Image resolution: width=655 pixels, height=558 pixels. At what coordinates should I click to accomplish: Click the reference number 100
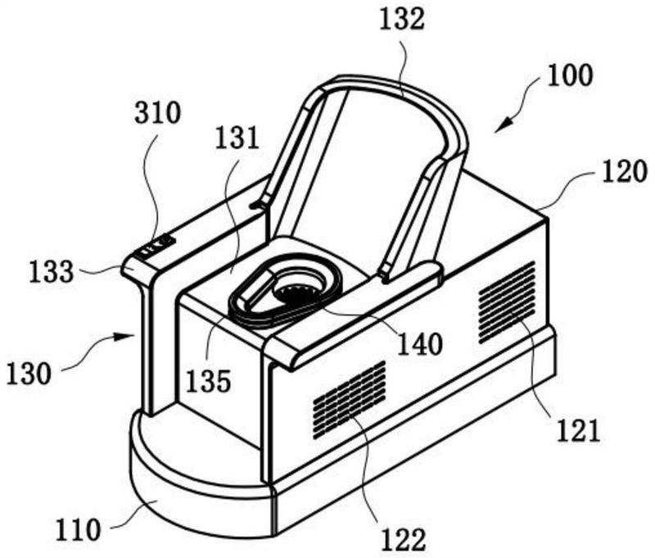pyautogui.click(x=570, y=75)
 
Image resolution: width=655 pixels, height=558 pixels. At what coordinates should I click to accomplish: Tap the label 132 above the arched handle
pyautogui.click(x=402, y=20)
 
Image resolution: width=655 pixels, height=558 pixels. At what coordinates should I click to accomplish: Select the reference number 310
pyautogui.click(x=158, y=113)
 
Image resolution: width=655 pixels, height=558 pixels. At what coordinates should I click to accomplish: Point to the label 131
pyautogui.click(x=237, y=138)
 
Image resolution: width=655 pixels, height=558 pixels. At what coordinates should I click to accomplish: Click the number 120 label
pyautogui.click(x=624, y=172)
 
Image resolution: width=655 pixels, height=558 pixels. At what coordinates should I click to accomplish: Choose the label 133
pyautogui.click(x=52, y=272)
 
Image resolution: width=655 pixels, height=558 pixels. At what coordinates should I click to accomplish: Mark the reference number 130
pyautogui.click(x=29, y=374)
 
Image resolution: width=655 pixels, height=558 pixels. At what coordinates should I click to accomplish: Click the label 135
pyautogui.click(x=209, y=380)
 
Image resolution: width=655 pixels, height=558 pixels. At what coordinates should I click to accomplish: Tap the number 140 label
pyautogui.click(x=420, y=344)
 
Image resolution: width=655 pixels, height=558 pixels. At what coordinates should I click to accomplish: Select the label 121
pyautogui.click(x=578, y=431)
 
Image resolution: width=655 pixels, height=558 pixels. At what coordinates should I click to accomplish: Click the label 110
pyautogui.click(x=78, y=530)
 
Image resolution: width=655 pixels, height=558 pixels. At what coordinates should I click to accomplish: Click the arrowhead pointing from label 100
pyautogui.click(x=504, y=125)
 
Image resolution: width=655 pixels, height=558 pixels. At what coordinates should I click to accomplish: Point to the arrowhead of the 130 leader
pyautogui.click(x=129, y=336)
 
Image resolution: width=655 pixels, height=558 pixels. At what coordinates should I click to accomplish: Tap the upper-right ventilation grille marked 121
pyautogui.click(x=507, y=302)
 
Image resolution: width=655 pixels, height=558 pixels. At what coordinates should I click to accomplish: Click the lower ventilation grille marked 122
pyautogui.click(x=350, y=400)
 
